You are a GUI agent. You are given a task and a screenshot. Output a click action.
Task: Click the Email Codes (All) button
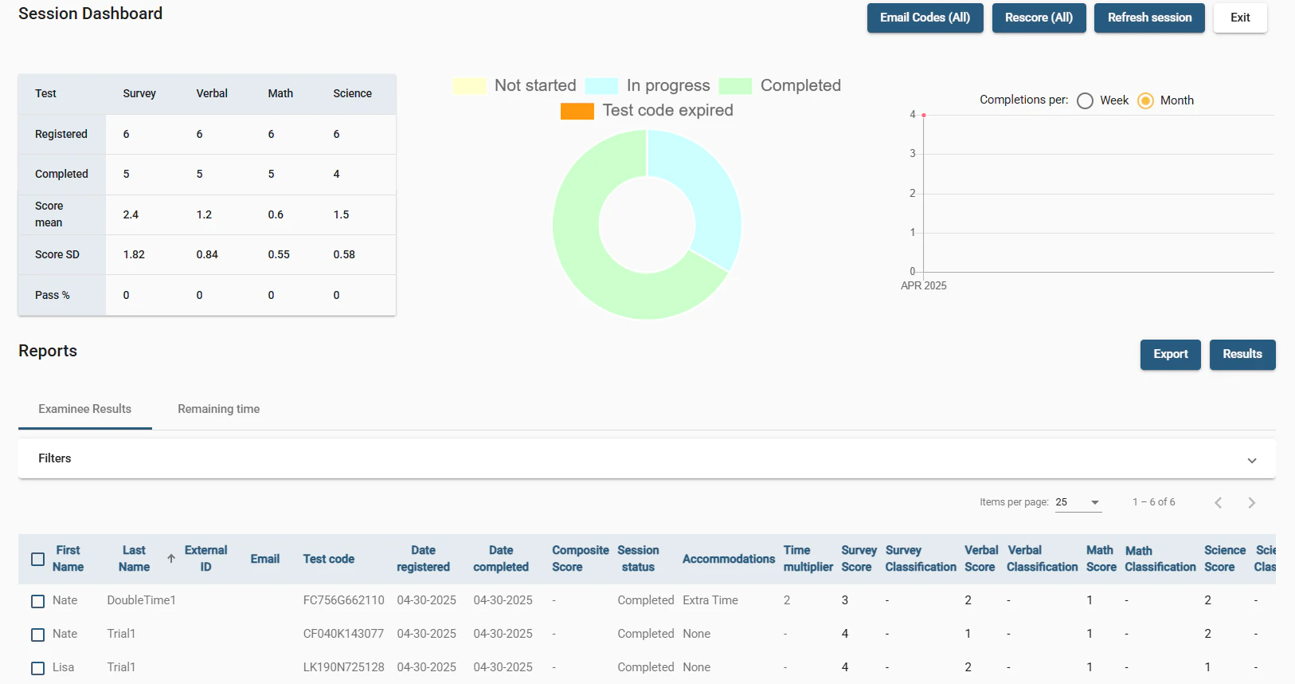pyautogui.click(x=925, y=18)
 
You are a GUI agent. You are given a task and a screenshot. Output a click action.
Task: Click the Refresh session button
pyautogui.click(x=1148, y=18)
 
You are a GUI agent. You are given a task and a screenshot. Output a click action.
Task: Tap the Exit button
pyautogui.click(x=1239, y=18)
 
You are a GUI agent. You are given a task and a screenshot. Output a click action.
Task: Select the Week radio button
pyautogui.click(x=1085, y=100)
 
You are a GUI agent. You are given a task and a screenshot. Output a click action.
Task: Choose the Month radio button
pyautogui.click(x=1145, y=100)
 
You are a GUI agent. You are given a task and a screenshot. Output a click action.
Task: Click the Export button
pyautogui.click(x=1170, y=354)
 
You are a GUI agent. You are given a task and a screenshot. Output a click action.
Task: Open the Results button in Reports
pyautogui.click(x=1242, y=354)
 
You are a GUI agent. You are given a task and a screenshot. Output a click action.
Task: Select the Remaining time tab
pyautogui.click(x=218, y=409)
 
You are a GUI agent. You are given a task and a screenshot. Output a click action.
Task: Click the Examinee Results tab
pyautogui.click(x=84, y=409)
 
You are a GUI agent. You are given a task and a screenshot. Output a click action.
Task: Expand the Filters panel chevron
pyautogui.click(x=1251, y=460)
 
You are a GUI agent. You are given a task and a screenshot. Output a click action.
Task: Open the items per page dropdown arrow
pyautogui.click(x=1095, y=502)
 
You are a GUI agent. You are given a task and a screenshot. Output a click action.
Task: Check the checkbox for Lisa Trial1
pyautogui.click(x=37, y=668)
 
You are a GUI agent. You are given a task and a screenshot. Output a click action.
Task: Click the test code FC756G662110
pyautogui.click(x=343, y=600)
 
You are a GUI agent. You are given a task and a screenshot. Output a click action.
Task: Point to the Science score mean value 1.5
pyautogui.click(x=341, y=214)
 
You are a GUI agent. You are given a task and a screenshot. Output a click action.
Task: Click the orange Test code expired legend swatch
pyautogui.click(x=577, y=111)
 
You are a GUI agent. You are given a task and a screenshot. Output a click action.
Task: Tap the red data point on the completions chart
pyautogui.click(x=924, y=116)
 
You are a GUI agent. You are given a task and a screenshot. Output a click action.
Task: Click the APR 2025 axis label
pyautogui.click(x=923, y=285)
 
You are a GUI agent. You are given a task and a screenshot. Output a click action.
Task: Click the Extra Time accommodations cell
pyautogui.click(x=710, y=600)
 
